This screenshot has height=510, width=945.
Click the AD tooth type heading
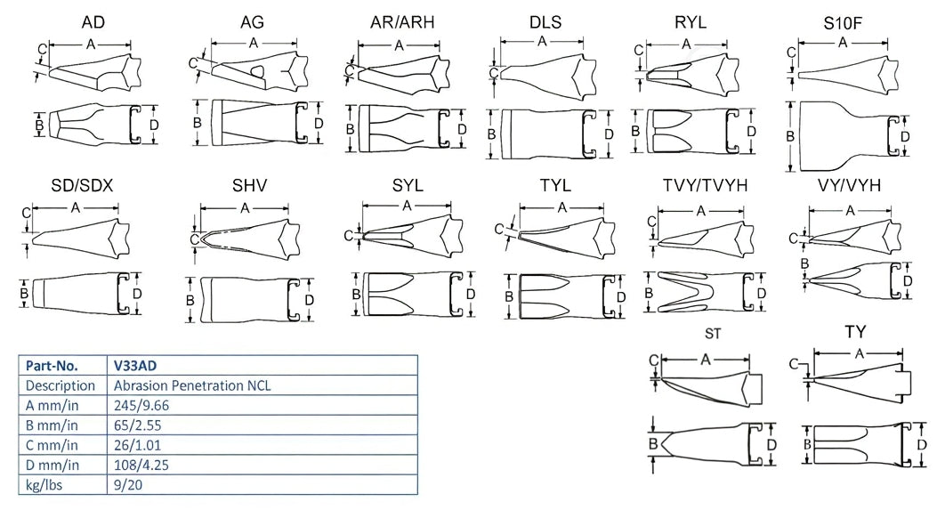coord(93,21)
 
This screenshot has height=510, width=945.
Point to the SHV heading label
coord(250,185)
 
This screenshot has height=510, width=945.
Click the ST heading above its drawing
coord(711,334)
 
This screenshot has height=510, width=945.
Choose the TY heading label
coord(855,332)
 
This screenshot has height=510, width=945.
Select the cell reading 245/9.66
coord(142,405)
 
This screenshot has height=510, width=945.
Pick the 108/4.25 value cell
coord(142,465)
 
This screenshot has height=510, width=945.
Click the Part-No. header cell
coord(52,366)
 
